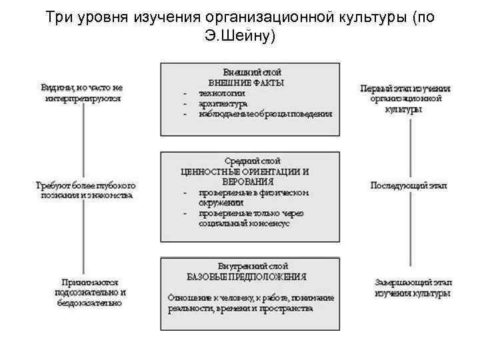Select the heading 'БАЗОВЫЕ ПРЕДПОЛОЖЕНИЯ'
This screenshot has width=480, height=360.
point(247,276)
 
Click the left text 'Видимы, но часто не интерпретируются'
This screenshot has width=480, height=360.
point(82,92)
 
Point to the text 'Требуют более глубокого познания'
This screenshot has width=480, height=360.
point(85,189)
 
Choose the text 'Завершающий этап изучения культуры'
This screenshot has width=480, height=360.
point(413,287)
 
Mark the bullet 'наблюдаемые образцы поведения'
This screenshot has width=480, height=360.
point(265,114)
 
